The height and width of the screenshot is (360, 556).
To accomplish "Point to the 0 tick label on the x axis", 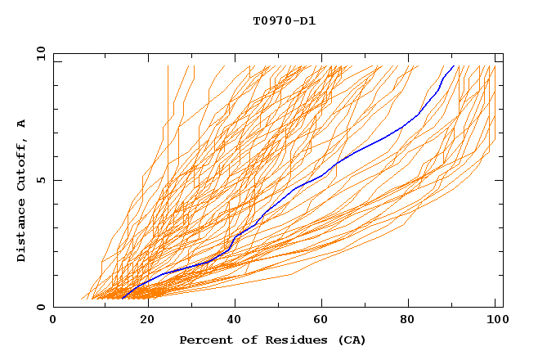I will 53,321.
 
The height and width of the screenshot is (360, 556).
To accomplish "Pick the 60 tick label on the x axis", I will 323,321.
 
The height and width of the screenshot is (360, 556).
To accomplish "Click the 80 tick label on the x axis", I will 413,321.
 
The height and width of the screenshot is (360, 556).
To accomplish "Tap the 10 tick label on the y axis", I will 38,53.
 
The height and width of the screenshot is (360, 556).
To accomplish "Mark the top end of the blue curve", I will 454,65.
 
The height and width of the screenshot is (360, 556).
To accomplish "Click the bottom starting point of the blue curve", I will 121,299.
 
